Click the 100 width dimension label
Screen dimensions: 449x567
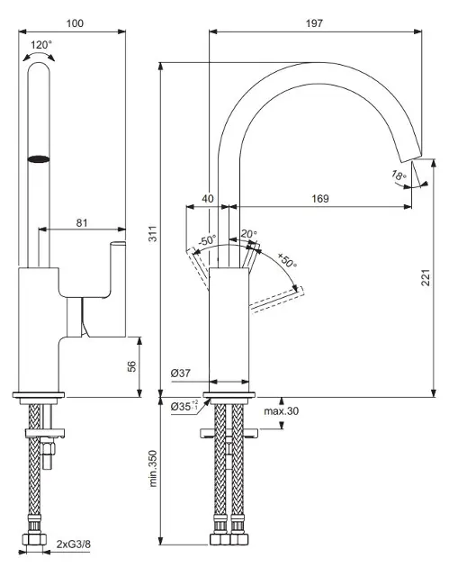[75, 23]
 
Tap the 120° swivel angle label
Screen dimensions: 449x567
[41, 45]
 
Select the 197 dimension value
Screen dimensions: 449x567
[314, 23]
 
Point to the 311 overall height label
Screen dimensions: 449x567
[153, 234]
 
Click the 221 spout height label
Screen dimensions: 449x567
[427, 277]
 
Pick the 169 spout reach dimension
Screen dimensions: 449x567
[320, 199]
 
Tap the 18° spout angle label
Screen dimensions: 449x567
[399, 175]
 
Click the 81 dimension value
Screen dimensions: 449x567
[82, 223]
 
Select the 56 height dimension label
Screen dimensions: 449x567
[132, 366]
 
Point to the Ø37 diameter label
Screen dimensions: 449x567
[180, 373]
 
